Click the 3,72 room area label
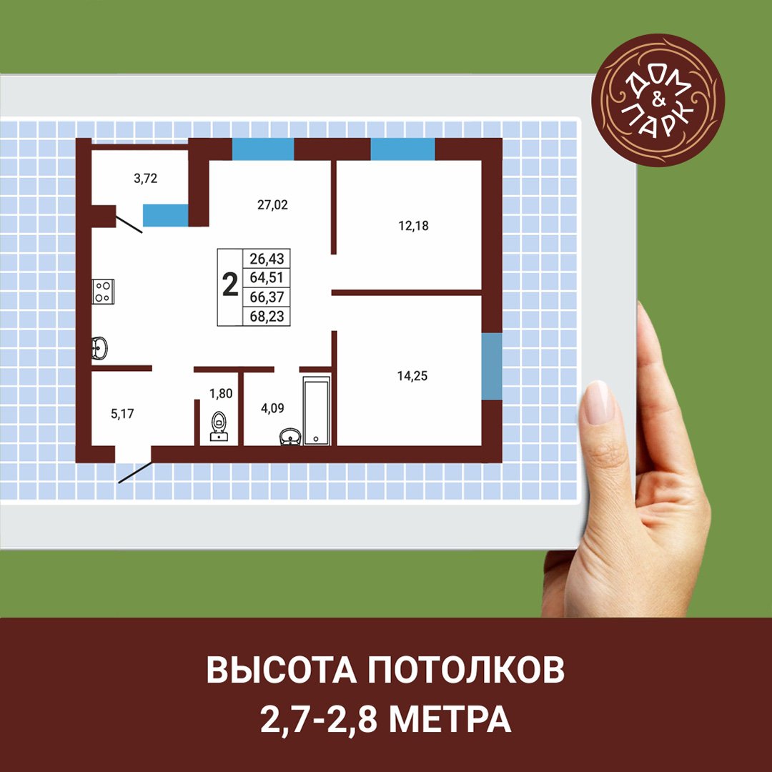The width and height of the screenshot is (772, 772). pos(145,179)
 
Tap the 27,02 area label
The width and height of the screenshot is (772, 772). pos(272,205)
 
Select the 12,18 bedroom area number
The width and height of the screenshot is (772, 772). pos(413,226)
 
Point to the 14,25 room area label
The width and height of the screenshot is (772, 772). pos(412,376)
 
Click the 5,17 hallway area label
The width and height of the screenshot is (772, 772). pos(122,414)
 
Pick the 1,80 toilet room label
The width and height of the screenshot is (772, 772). pos(221,393)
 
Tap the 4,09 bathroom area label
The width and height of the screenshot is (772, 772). pos(272,408)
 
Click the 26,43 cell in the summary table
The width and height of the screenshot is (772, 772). pos(267,259)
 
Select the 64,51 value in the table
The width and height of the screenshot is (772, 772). pos(267,277)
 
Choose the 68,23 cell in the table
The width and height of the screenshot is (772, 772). pos(267,317)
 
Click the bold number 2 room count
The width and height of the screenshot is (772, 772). pos(230,284)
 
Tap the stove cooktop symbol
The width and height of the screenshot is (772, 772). pos(104,292)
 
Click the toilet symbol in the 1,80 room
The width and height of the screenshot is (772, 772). pos(219,426)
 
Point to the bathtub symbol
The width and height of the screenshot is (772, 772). pos(317,411)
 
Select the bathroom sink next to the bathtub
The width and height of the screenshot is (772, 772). pos(290,437)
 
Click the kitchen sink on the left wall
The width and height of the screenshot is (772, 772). pos(100,349)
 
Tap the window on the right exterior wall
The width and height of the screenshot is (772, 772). pos(491,366)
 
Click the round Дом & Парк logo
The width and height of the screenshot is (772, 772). pos(658,100)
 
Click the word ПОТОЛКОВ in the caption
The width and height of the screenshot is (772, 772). pos(466,670)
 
